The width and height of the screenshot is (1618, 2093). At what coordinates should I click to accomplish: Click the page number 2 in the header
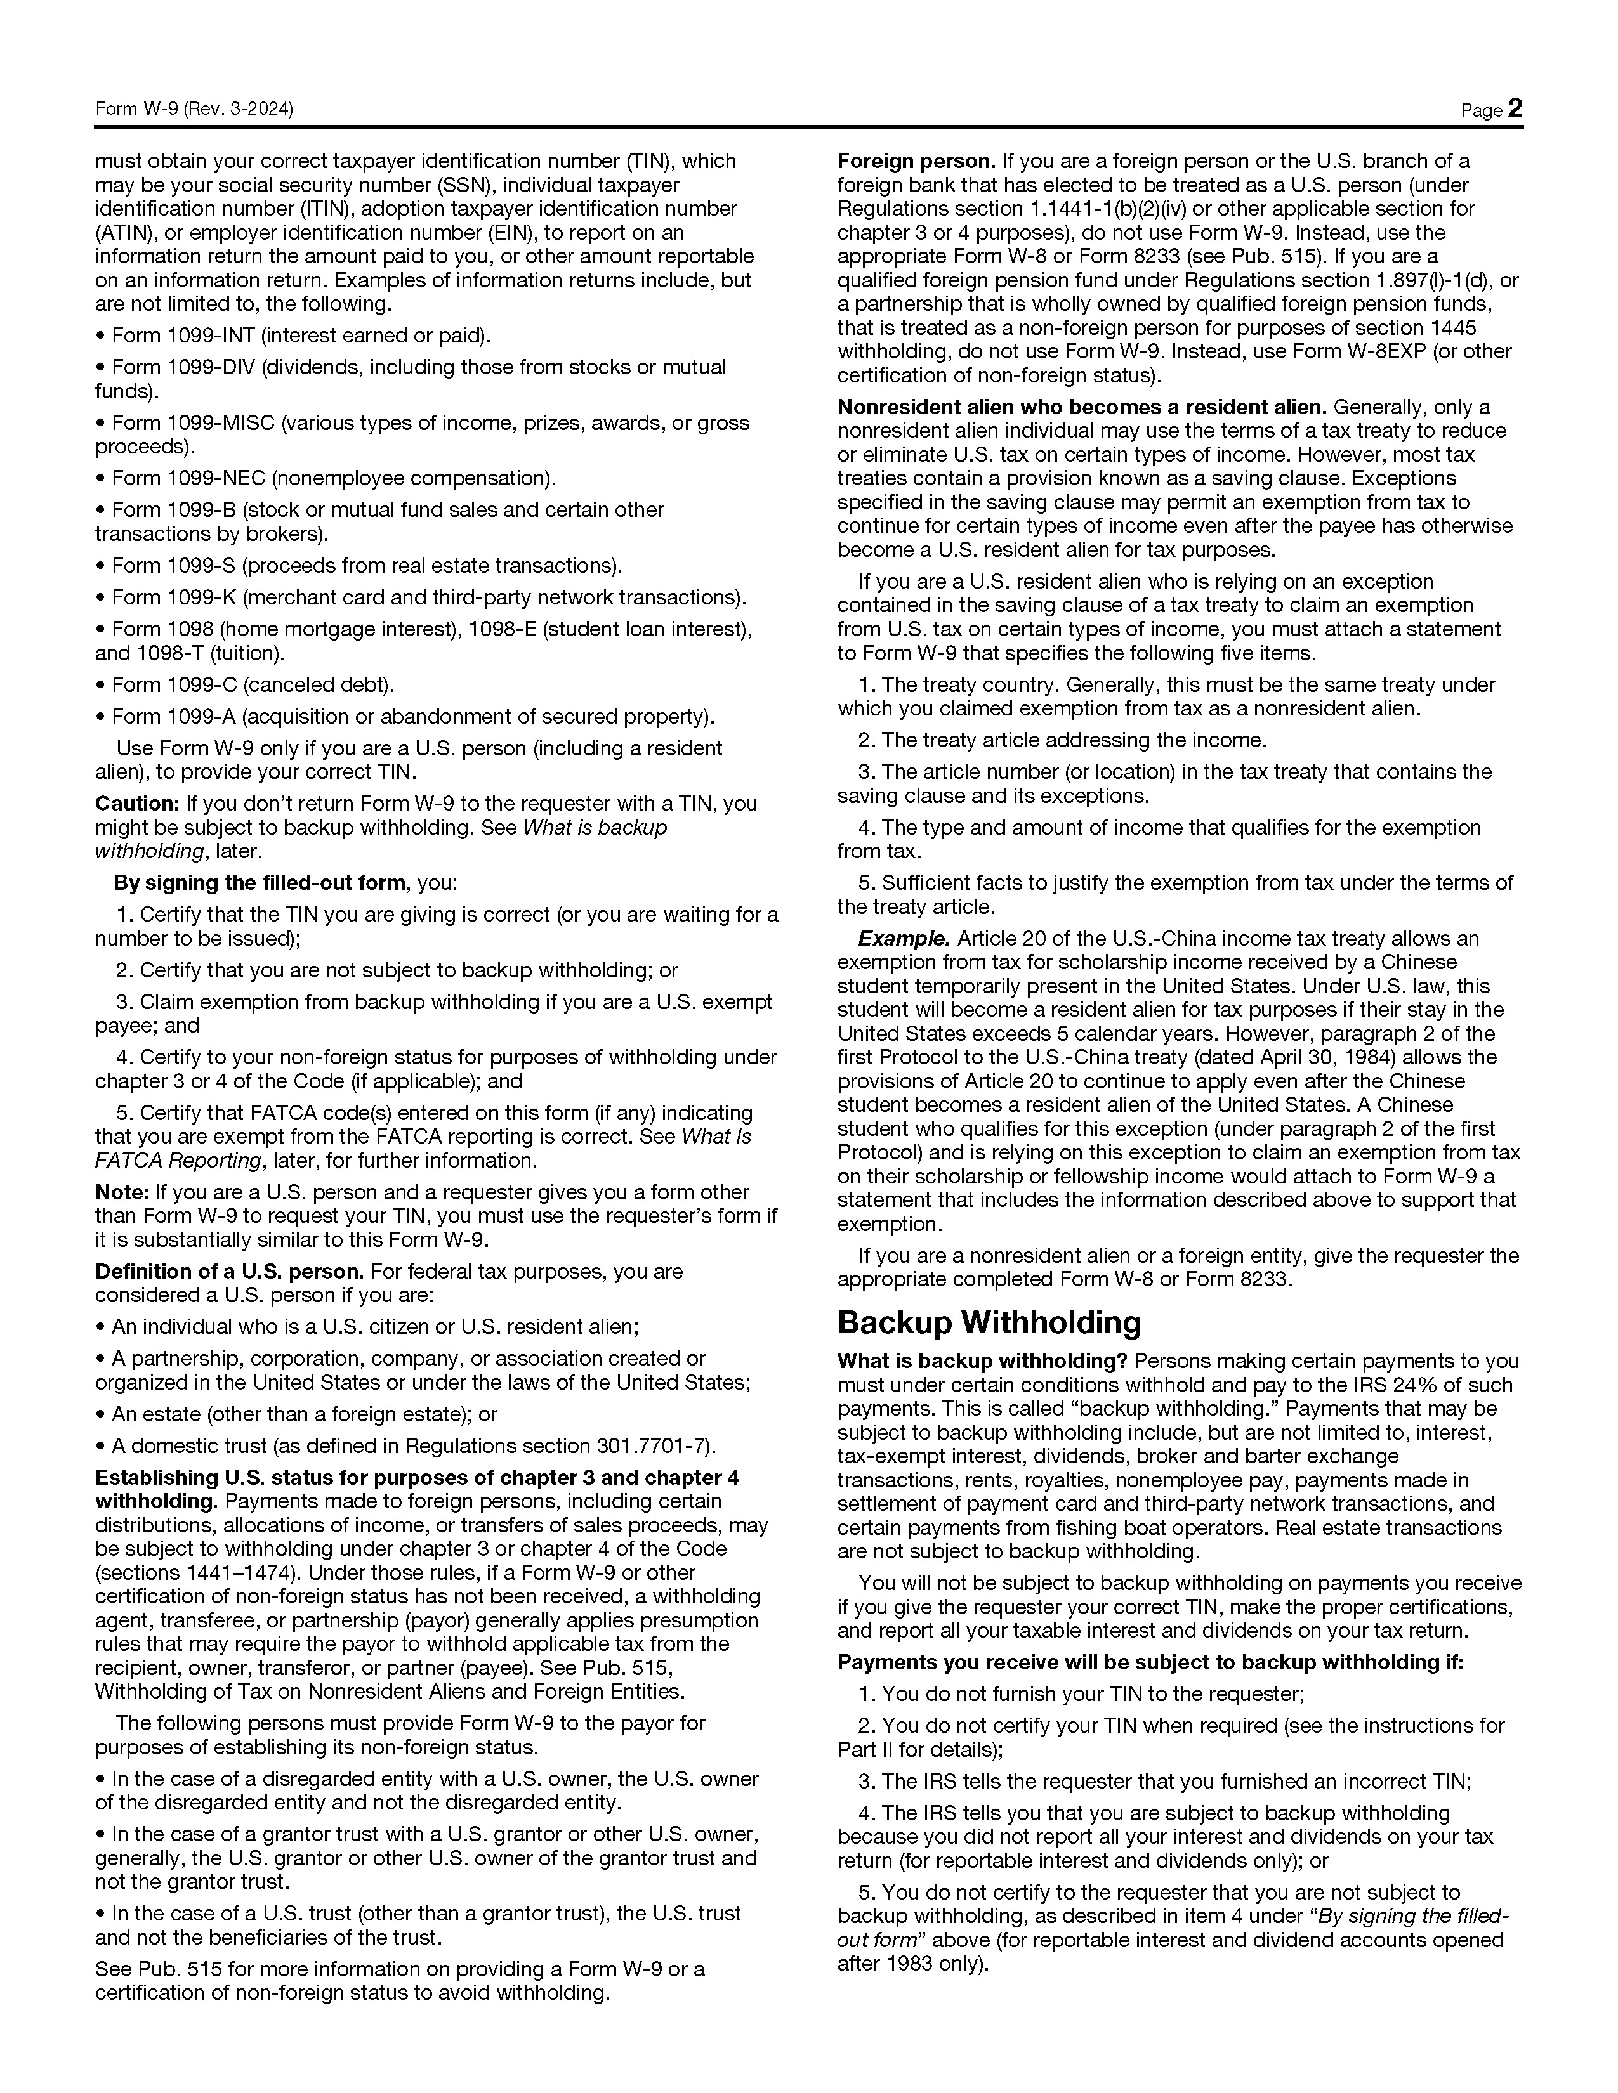point(1515,108)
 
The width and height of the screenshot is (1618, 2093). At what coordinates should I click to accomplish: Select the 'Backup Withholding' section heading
point(989,1322)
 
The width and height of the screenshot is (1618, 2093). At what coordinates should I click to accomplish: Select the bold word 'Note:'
point(121,1192)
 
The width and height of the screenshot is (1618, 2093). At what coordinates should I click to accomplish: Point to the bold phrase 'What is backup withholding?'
point(982,1361)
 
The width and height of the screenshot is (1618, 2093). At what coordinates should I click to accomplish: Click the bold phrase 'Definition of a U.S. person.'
point(229,1272)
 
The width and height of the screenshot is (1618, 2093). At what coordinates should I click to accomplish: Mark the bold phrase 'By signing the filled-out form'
point(259,883)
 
